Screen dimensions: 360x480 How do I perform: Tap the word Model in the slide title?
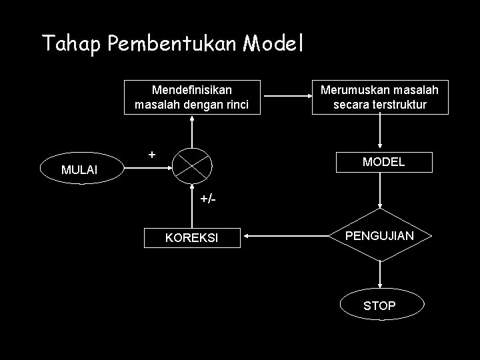click(273, 43)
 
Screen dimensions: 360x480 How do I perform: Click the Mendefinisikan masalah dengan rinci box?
click(192, 97)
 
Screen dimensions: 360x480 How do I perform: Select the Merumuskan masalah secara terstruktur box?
click(379, 97)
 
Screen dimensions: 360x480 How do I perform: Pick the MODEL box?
click(383, 162)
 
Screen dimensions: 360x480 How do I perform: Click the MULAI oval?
click(79, 170)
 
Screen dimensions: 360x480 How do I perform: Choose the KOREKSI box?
click(192, 237)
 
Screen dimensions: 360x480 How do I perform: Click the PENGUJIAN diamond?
click(379, 235)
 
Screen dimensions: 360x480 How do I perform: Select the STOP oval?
click(379, 306)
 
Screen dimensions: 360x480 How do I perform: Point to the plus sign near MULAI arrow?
click(152, 154)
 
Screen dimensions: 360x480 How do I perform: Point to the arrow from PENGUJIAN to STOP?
click(379, 274)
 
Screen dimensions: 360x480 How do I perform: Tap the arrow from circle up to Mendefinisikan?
click(192, 131)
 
